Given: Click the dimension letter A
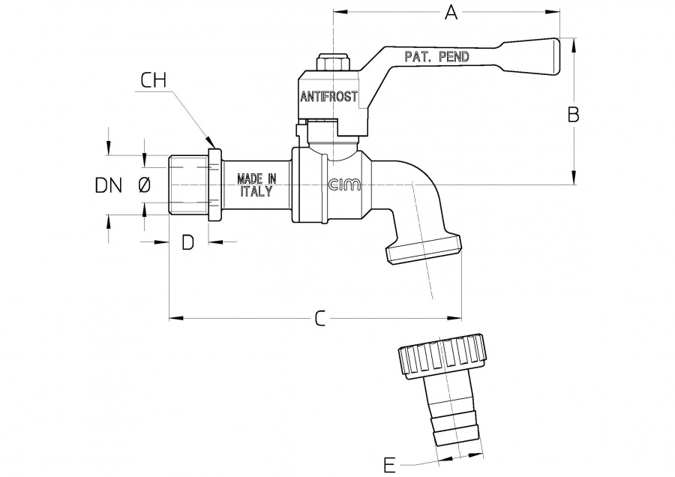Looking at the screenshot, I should pyautogui.click(x=451, y=12).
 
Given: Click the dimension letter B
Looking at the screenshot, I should pyautogui.click(x=573, y=114).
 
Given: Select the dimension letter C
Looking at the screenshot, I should pyautogui.click(x=319, y=319).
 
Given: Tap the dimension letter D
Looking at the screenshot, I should pyautogui.click(x=188, y=241).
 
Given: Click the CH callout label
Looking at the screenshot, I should pyautogui.click(x=154, y=80).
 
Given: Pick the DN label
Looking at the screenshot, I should pyautogui.click(x=109, y=184).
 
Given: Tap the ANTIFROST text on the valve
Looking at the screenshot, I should pyautogui.click(x=329, y=97).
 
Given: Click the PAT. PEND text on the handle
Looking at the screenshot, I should pyautogui.click(x=437, y=56).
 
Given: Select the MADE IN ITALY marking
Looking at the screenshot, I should pyautogui.click(x=257, y=184).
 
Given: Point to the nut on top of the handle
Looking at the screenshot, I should pyautogui.click(x=331, y=61).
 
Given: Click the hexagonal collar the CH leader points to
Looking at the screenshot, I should pyautogui.click(x=214, y=184).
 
